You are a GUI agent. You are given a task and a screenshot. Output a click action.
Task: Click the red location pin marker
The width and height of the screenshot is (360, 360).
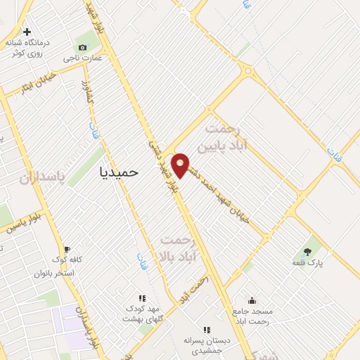click(x=181, y=165)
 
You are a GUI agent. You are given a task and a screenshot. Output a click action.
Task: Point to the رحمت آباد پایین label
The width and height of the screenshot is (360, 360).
click(x=223, y=139)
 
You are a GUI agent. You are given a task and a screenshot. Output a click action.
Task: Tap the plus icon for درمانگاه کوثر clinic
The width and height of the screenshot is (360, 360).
click(x=27, y=32)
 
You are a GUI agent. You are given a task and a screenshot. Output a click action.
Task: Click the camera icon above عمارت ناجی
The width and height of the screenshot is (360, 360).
click(x=84, y=47)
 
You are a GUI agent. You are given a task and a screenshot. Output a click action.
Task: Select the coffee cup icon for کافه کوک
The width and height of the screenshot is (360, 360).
click(x=67, y=249)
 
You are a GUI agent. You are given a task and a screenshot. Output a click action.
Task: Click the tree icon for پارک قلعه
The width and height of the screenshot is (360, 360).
click(x=307, y=251)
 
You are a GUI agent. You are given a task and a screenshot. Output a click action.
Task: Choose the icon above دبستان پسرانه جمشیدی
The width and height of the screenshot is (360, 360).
click(x=207, y=329)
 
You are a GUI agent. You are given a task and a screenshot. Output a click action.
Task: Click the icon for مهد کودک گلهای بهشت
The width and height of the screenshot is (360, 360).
click(x=142, y=298)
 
